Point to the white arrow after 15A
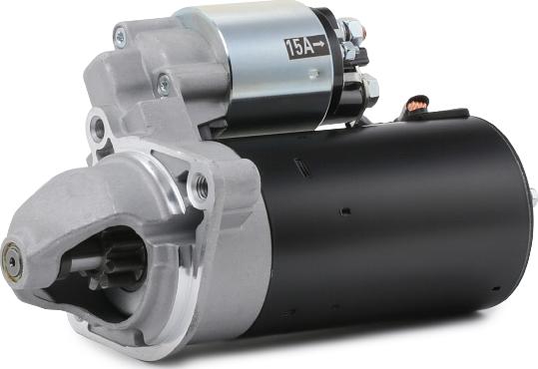(319, 44)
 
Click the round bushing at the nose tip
(11, 262)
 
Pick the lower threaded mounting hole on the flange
(202, 186)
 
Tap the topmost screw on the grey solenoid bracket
(121, 36)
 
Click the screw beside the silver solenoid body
(165, 83)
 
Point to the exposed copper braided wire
(417, 103)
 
